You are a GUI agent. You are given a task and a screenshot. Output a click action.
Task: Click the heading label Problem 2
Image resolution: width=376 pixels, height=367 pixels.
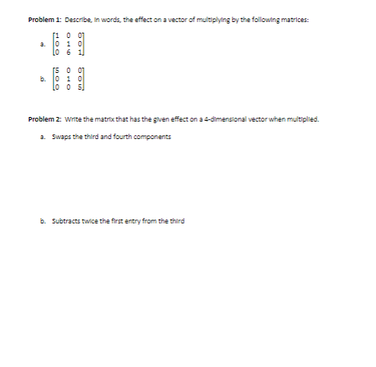(x=43, y=119)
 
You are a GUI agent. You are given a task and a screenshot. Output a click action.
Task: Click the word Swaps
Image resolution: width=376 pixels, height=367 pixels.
(x=62, y=136)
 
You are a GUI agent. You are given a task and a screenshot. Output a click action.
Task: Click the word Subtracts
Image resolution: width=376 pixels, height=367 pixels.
(x=66, y=221)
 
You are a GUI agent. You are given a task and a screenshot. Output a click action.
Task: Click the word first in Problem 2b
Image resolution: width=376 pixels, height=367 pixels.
(x=125, y=221)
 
